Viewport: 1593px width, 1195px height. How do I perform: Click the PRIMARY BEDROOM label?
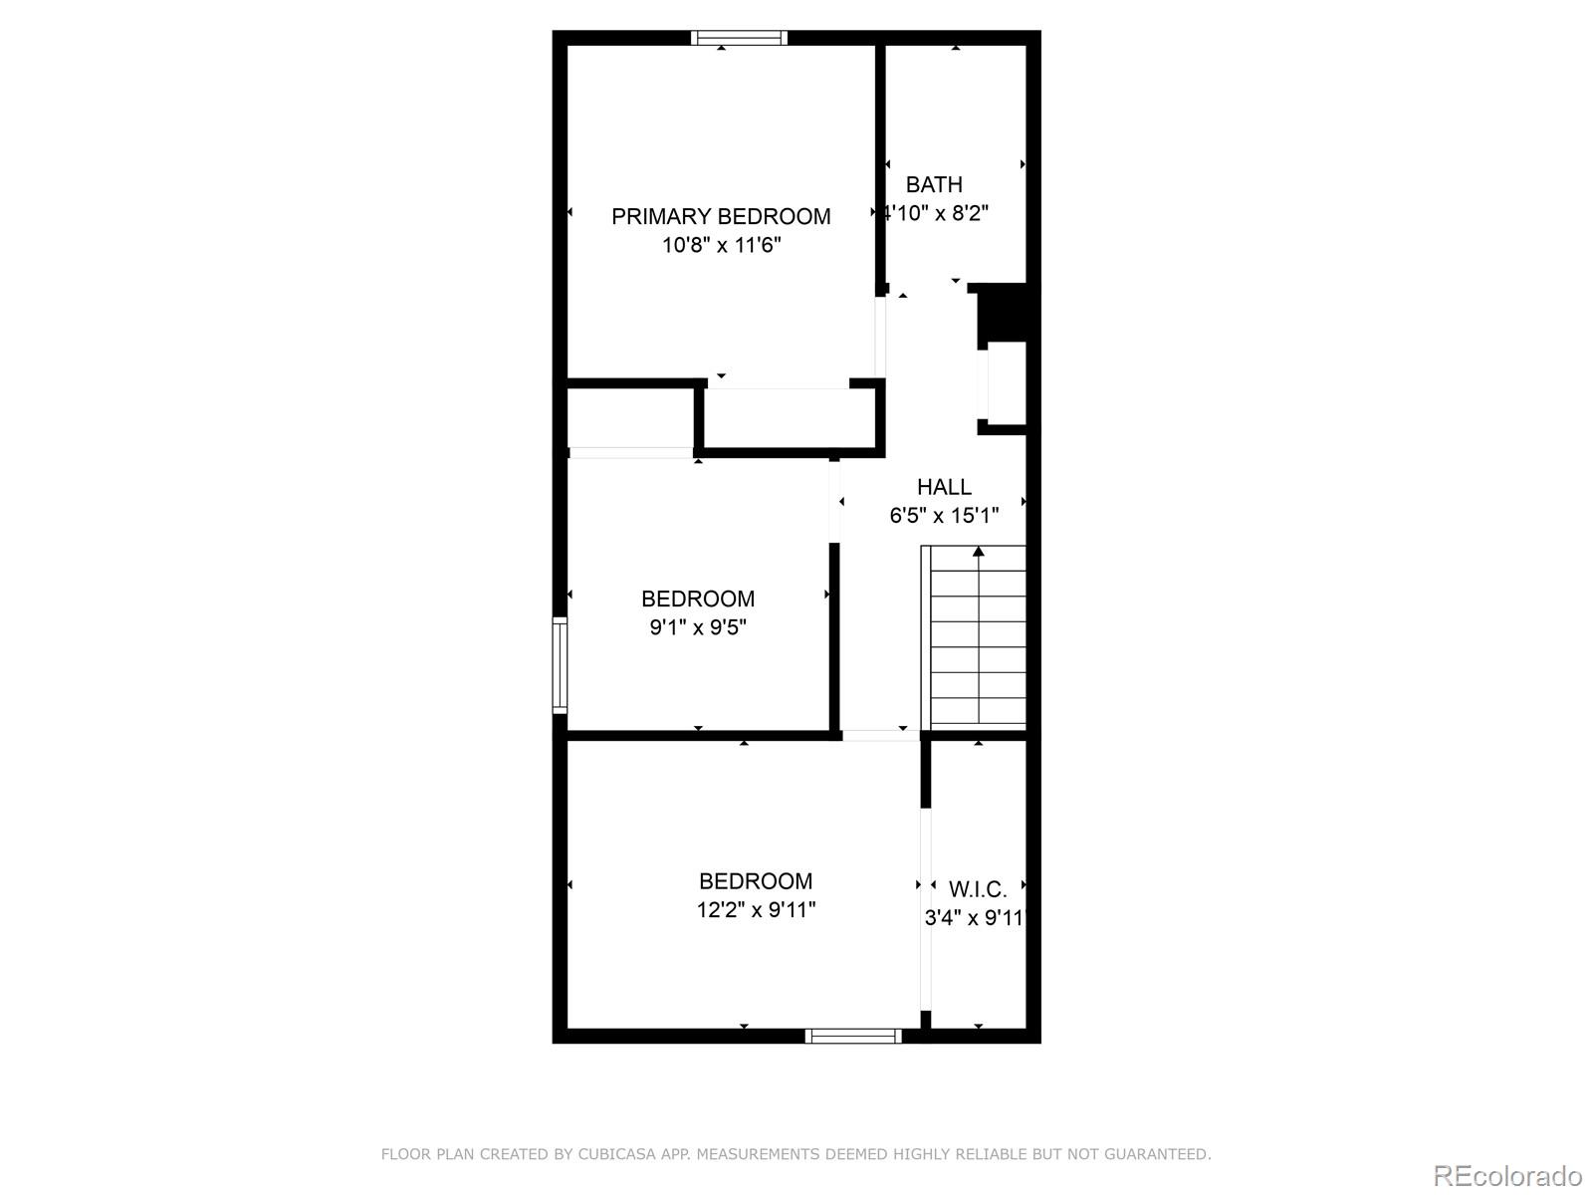click(721, 216)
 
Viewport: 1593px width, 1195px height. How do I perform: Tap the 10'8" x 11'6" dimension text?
click(721, 245)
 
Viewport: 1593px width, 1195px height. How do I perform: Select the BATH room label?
click(934, 184)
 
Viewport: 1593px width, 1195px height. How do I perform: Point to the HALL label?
click(944, 487)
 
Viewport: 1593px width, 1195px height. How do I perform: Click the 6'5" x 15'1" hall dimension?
click(944, 516)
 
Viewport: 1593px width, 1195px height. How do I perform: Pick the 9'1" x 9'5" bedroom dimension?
click(698, 627)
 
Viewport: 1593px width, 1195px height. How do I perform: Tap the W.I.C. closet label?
click(978, 889)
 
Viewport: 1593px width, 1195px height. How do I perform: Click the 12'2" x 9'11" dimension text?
click(756, 910)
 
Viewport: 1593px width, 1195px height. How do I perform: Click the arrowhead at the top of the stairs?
click(979, 551)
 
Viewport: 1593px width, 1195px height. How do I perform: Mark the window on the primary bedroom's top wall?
click(740, 38)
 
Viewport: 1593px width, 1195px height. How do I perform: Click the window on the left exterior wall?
click(560, 665)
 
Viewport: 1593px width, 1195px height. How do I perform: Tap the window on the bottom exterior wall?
click(853, 1037)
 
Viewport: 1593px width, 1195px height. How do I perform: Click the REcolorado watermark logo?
click(1507, 1176)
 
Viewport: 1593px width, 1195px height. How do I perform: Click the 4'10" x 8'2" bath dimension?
click(937, 213)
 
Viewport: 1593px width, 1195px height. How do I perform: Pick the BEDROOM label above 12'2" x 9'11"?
click(756, 881)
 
